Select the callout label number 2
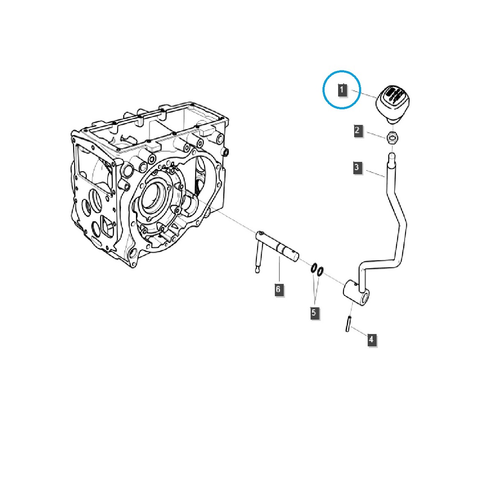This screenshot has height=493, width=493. coord(357,131)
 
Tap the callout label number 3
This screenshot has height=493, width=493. coord(357,167)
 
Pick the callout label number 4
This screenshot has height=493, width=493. coord(371,339)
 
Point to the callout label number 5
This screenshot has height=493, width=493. coord(314,313)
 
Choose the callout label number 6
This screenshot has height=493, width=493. coord(278,289)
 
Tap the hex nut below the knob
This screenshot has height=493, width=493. coord(392,138)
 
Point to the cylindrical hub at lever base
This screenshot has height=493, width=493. coord(356,293)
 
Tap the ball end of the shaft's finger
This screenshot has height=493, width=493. coord(257,270)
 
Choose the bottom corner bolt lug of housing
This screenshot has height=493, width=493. coord(133,258)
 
